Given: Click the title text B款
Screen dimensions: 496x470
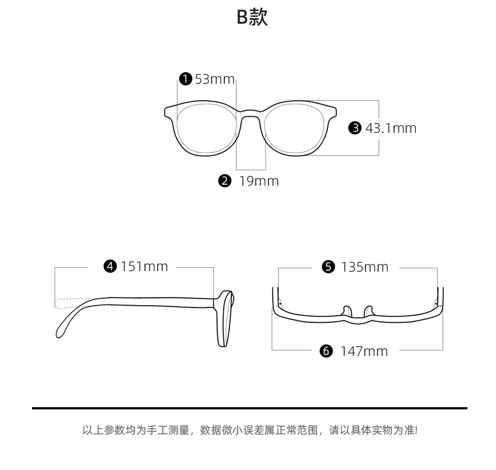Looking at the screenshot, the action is coord(252,18).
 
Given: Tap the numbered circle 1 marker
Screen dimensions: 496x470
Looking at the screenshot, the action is coord(186,79).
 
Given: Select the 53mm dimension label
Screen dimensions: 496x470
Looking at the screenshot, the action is coord(215,79).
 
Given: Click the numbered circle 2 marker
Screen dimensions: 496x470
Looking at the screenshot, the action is coord(224,181).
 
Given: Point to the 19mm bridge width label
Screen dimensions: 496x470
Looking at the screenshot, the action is coord(258,181).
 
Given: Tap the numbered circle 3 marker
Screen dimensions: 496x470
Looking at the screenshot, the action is coord(355,128).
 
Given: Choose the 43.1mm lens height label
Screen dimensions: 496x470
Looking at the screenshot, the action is coord(391,128).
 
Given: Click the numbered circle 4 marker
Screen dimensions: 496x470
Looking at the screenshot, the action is coord(111,267).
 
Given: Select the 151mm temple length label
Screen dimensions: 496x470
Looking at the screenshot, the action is coord(144,267).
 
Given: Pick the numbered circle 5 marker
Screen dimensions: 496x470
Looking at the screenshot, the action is coord(328,267).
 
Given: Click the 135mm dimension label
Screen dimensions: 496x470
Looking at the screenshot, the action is coord(364,267).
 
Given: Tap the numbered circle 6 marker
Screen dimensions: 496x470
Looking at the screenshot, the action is coord(327,351).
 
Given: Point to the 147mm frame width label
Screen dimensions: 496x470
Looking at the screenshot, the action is coord(364,351).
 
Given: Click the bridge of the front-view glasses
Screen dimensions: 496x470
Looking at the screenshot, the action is coord(251,114).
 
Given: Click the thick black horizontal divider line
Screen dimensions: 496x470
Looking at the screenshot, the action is coord(249,408).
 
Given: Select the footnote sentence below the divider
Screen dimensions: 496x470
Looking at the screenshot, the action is coord(249,430).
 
